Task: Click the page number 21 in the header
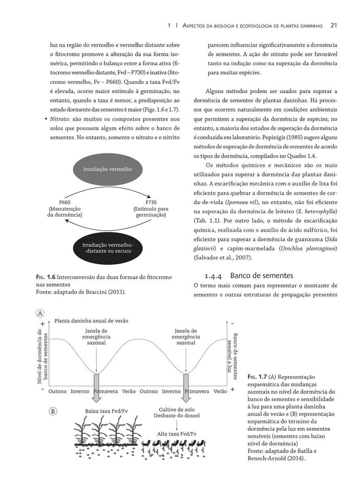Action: [334, 26]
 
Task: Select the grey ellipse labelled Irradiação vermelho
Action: [108, 169]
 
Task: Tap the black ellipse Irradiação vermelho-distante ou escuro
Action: [108, 248]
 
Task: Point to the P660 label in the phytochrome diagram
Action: [65, 202]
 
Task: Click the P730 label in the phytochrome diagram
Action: [150, 202]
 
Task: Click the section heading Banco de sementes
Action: [261, 276]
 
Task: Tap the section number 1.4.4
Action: [213, 276]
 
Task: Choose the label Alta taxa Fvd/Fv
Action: [177, 434]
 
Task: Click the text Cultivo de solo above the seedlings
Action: [177, 409]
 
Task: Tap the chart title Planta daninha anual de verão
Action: [91, 321]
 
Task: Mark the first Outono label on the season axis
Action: [57, 392]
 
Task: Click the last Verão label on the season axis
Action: [220, 392]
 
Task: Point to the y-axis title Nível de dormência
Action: [40, 356]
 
